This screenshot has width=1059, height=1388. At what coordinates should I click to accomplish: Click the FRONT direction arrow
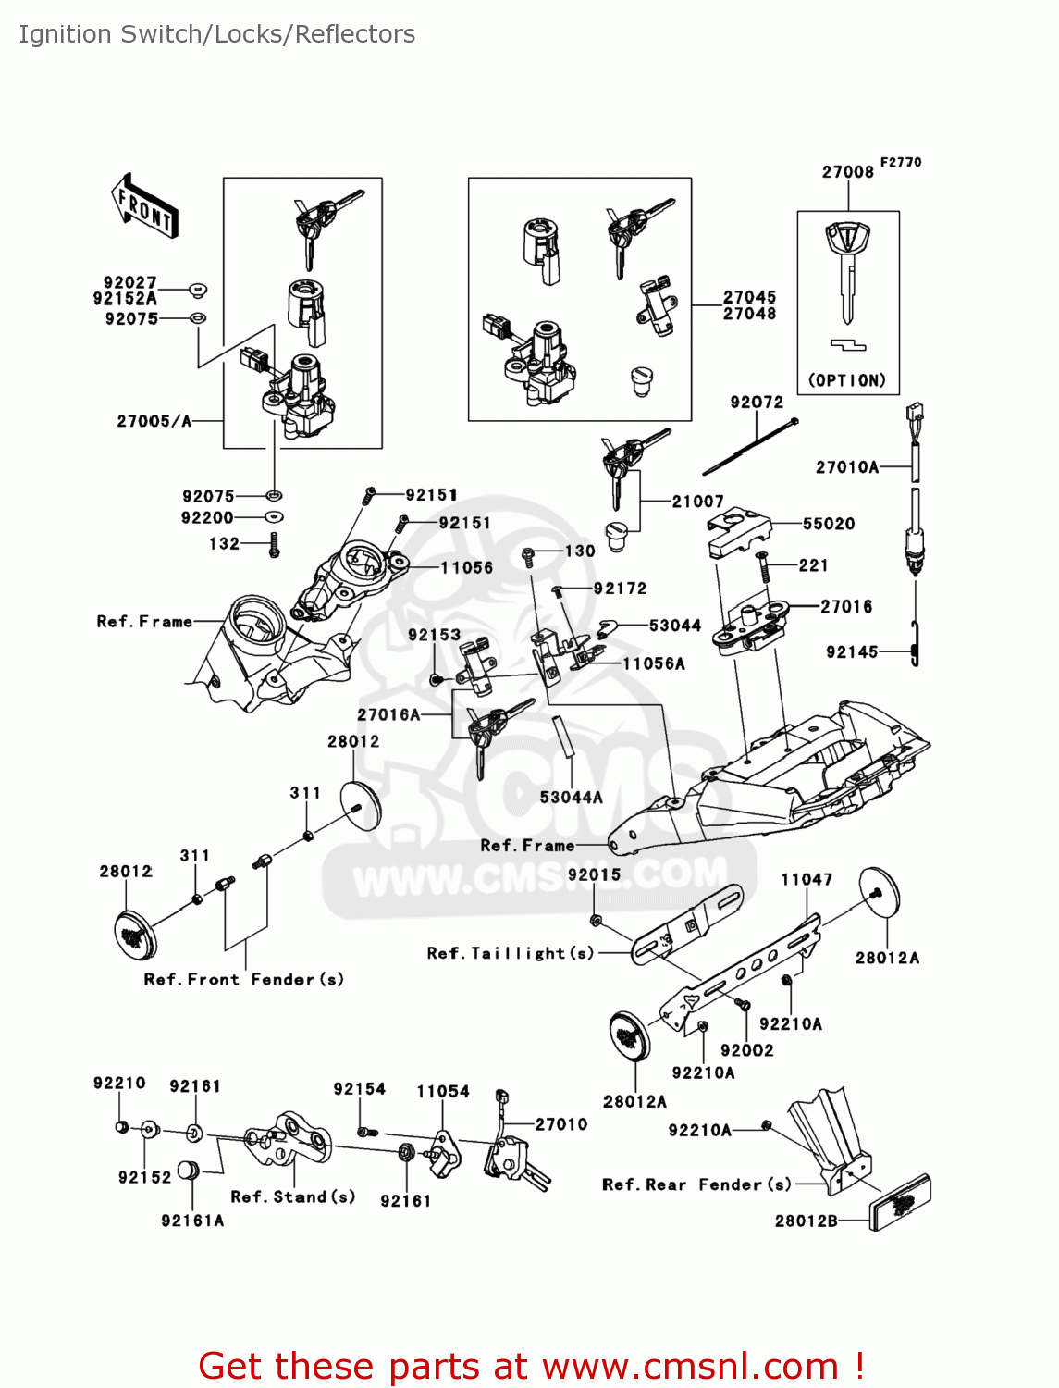pyautogui.click(x=143, y=205)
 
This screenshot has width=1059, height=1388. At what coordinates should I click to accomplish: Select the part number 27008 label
pyautogui.click(x=847, y=172)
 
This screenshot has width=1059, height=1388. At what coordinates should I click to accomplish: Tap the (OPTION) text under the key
pyautogui.click(x=847, y=380)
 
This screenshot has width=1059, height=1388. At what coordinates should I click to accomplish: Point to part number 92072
pyautogui.click(x=756, y=403)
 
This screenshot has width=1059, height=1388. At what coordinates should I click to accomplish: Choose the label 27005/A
pyautogui.click(x=154, y=421)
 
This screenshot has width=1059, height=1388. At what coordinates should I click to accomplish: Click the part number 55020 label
pyautogui.click(x=829, y=524)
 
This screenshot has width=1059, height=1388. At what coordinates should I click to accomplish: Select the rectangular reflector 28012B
pyautogui.click(x=900, y=1202)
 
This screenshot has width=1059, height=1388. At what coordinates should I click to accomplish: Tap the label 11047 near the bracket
pyautogui.click(x=807, y=879)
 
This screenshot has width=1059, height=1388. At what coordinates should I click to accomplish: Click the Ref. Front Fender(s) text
pyautogui.click(x=244, y=979)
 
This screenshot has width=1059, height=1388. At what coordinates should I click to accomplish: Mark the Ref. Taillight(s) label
pyautogui.click(x=511, y=953)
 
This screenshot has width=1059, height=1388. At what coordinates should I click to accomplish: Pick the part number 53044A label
pyautogui.click(x=571, y=797)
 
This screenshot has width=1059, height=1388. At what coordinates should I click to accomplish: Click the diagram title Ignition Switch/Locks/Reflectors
pyautogui.click(x=217, y=34)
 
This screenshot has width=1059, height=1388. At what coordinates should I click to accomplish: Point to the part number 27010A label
pyautogui.click(x=847, y=467)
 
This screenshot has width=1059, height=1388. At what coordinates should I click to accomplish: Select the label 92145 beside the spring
pyautogui.click(x=852, y=652)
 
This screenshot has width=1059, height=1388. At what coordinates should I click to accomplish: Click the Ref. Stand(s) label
pyautogui.click(x=293, y=1196)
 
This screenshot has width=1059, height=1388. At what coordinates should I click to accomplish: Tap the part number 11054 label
pyautogui.click(x=443, y=1092)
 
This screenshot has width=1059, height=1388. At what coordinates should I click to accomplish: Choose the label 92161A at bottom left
pyautogui.click(x=192, y=1221)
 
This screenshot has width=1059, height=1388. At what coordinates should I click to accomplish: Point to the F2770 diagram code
pyautogui.click(x=900, y=162)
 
